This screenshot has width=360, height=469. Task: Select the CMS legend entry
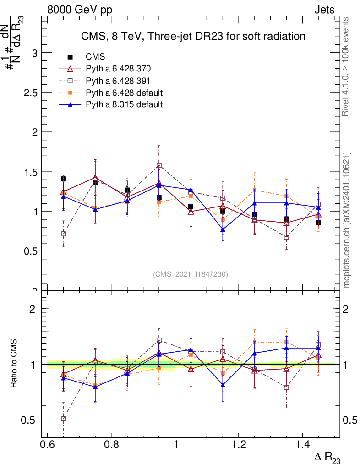(x=95, y=57)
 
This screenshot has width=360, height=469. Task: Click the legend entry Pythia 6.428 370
(x=118, y=69)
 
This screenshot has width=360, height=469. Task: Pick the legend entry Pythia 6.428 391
(x=118, y=81)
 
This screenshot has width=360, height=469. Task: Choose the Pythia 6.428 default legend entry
(x=124, y=93)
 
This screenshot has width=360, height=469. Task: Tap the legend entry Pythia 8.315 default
(x=124, y=104)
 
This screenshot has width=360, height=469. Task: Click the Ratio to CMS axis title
(x=14, y=364)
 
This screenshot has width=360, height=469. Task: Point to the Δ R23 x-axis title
(x=327, y=457)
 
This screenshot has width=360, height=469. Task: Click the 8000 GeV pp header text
(x=80, y=10)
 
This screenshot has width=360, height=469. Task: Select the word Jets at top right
(x=324, y=10)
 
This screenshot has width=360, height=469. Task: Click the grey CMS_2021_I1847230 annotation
(x=191, y=274)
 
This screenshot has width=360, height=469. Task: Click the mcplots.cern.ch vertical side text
(x=347, y=220)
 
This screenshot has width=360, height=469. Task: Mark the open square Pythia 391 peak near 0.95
(x=159, y=165)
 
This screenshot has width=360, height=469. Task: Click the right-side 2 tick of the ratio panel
(x=346, y=309)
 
